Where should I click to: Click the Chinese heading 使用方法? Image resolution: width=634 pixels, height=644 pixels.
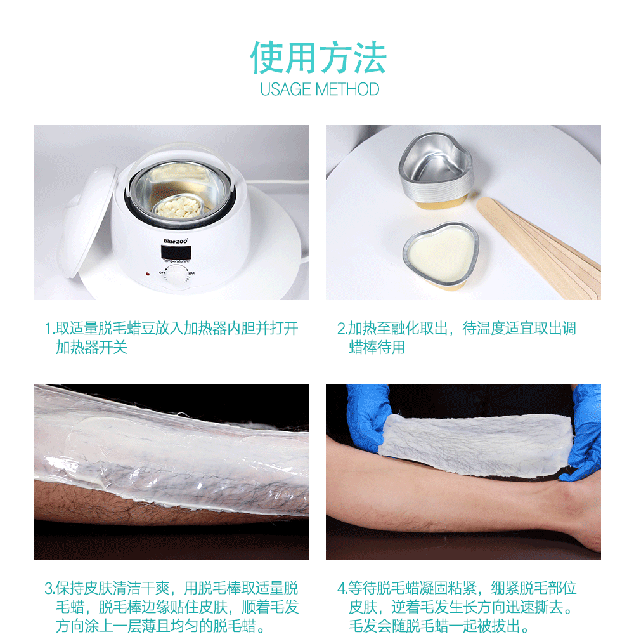coord(318,58)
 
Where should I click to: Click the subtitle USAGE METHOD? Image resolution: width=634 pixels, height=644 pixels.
coord(320,89)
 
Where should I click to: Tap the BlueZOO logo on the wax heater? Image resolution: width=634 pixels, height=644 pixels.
coord(175,240)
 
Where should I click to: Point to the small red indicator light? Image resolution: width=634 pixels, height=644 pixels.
coord(147,274)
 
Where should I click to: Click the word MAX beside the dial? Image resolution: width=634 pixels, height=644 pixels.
coord(191,273)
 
